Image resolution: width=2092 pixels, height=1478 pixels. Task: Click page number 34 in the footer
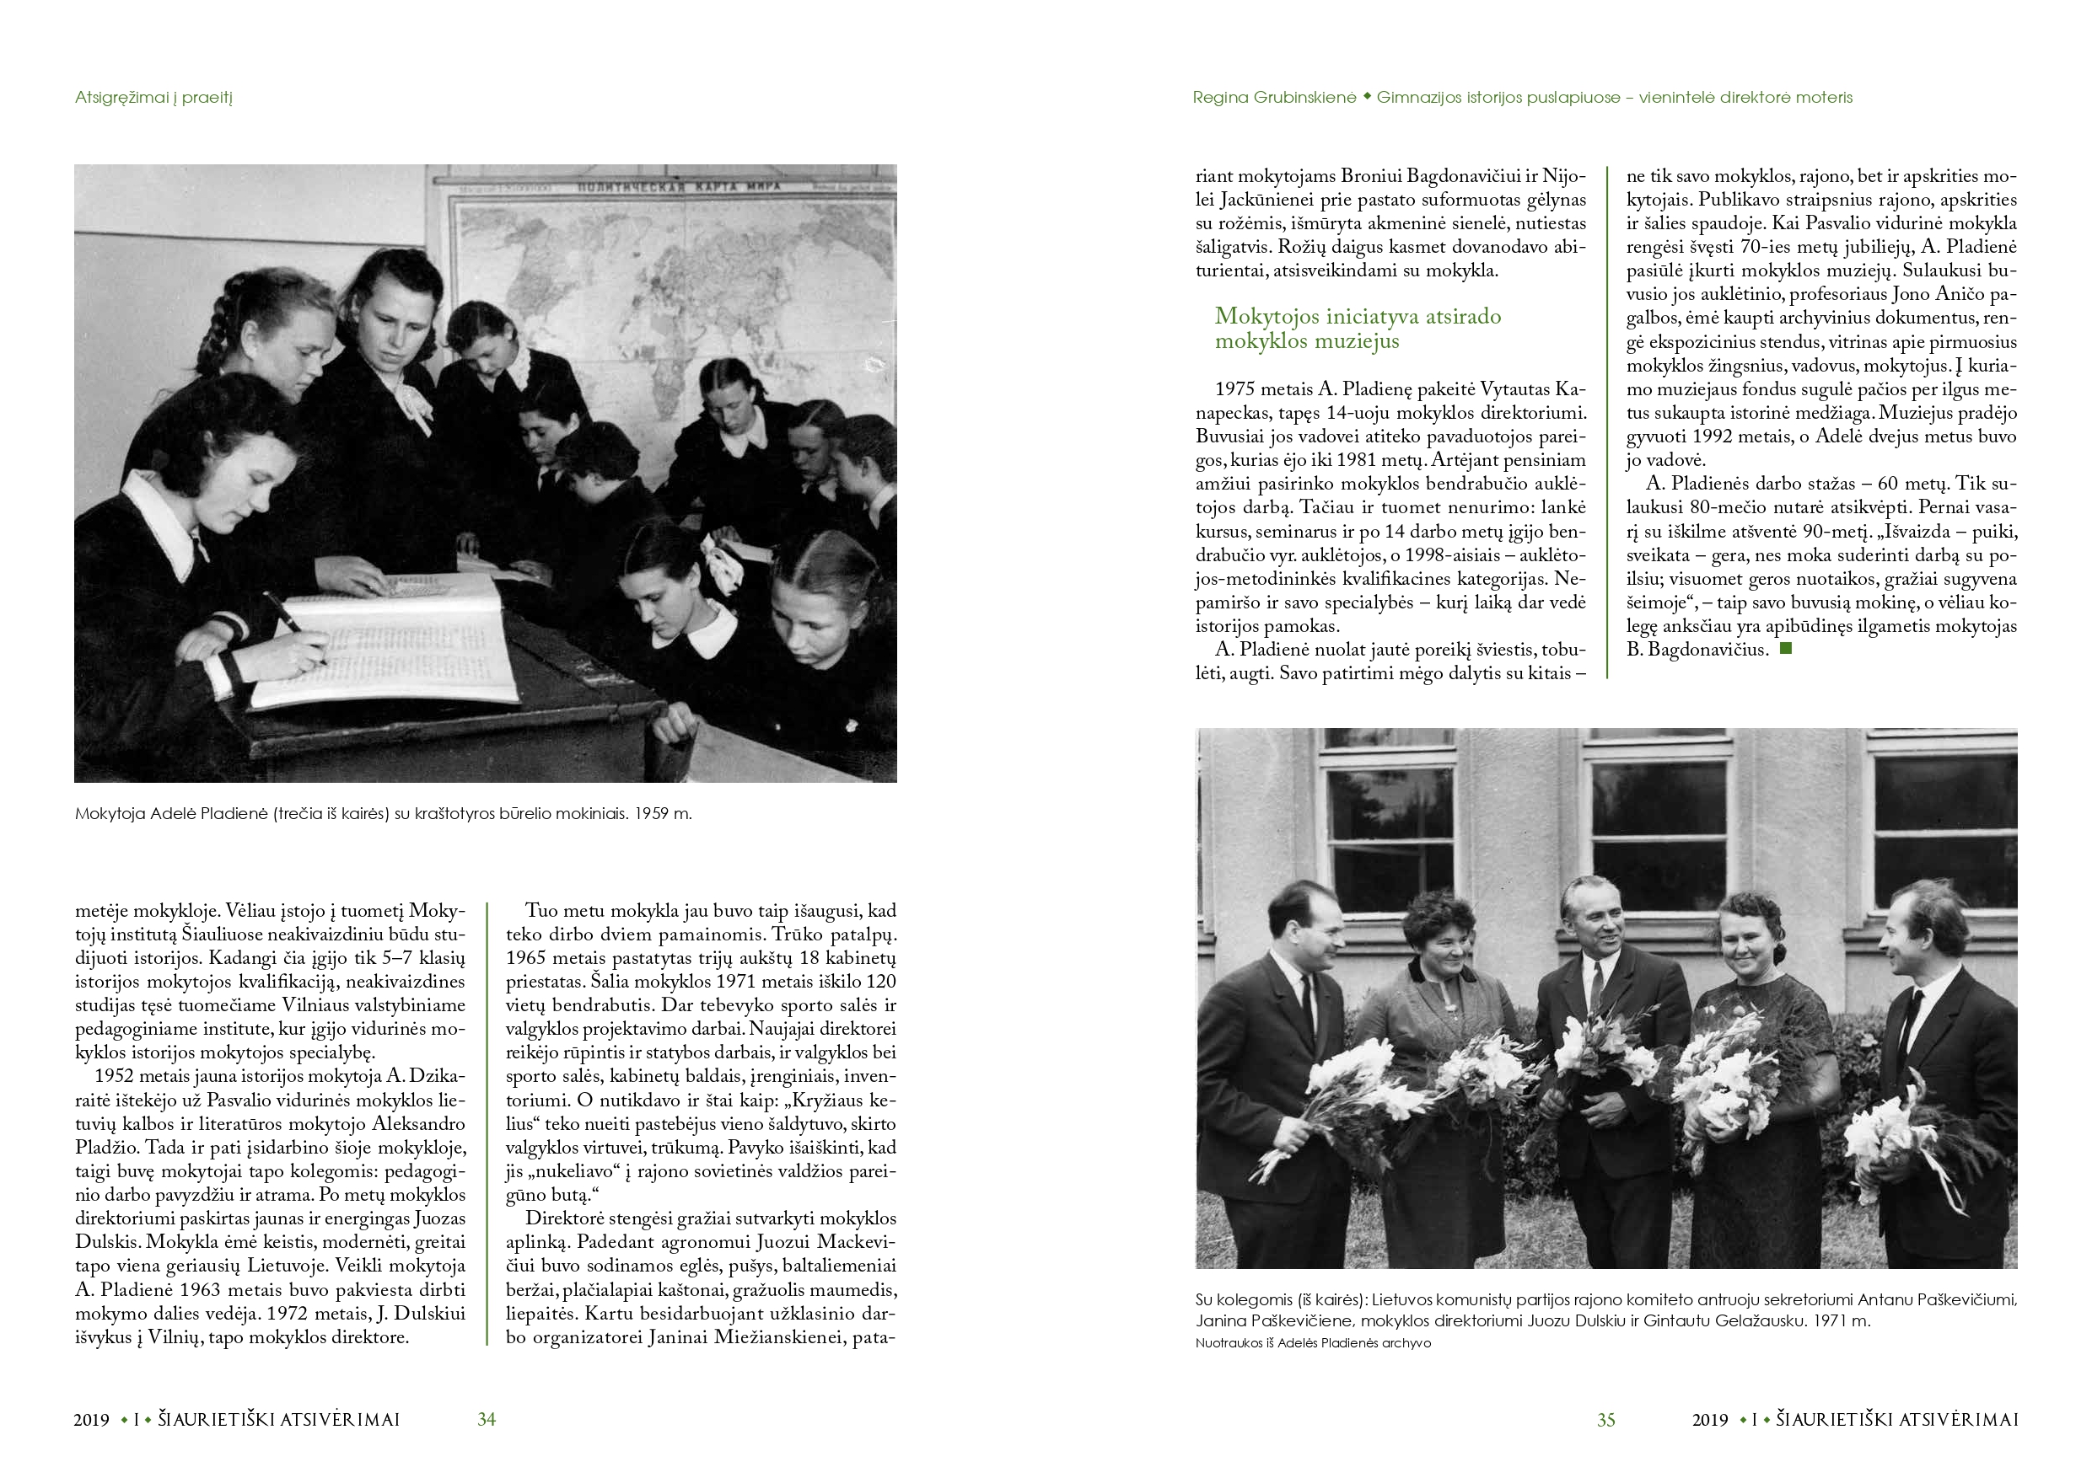click(487, 1419)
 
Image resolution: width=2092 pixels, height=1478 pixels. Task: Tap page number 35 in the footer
click(1605, 1420)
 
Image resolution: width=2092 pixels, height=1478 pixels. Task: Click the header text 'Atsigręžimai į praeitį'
click(154, 98)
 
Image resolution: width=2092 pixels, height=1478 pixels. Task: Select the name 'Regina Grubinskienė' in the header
click(1274, 98)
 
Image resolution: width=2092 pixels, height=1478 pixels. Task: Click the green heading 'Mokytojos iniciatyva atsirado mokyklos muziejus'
click(1358, 329)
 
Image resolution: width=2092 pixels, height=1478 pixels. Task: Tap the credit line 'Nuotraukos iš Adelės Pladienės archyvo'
click(1313, 1343)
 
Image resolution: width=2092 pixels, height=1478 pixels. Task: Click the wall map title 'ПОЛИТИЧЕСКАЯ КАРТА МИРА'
click(678, 187)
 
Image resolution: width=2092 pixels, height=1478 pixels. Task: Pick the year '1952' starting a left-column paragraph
click(114, 1076)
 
